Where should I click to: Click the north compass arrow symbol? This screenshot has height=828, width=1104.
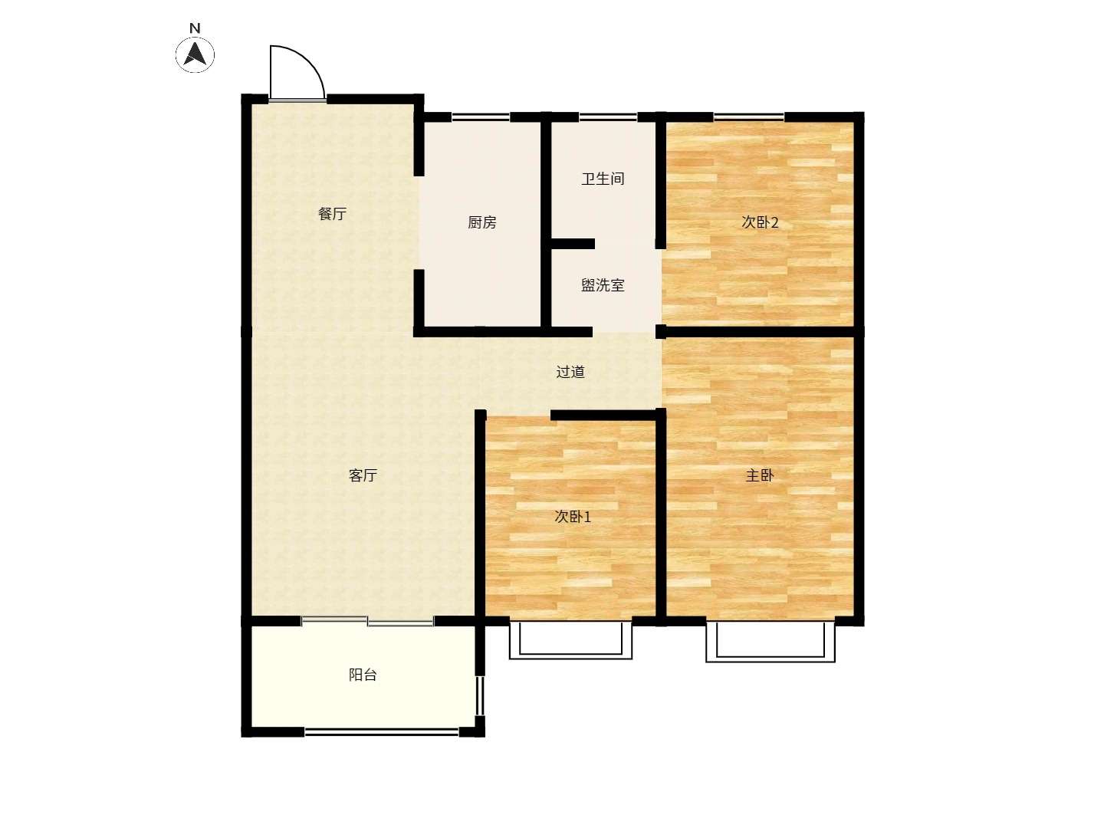pyautogui.click(x=195, y=54)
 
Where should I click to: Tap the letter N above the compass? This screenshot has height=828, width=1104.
pyautogui.click(x=195, y=28)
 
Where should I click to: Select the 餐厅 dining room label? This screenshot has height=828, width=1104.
pyautogui.click(x=333, y=214)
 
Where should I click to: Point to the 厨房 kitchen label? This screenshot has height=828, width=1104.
pyautogui.click(x=481, y=222)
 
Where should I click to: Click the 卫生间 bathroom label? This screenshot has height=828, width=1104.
pyautogui.click(x=603, y=179)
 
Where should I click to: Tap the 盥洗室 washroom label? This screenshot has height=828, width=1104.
pyautogui.click(x=603, y=285)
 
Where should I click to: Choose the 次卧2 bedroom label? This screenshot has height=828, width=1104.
pyautogui.click(x=760, y=222)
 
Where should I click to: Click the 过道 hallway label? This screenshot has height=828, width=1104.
pyautogui.click(x=570, y=372)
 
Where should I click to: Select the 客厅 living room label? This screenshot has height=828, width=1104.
pyautogui.click(x=363, y=475)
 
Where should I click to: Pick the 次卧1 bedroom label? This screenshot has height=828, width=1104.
pyautogui.click(x=573, y=516)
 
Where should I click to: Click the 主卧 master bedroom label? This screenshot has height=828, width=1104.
pyautogui.click(x=760, y=475)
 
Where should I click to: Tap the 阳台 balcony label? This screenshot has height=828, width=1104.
pyautogui.click(x=363, y=675)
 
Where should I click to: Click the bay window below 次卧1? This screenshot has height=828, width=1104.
pyautogui.click(x=570, y=655)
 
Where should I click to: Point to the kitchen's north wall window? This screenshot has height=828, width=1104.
pyautogui.click(x=481, y=117)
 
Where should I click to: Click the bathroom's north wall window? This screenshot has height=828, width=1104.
pyautogui.click(x=608, y=117)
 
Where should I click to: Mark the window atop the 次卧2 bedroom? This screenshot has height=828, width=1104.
pyautogui.click(x=749, y=117)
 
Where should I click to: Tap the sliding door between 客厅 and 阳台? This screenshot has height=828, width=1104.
pyautogui.click(x=368, y=621)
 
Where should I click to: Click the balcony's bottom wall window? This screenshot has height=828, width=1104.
pyautogui.click(x=382, y=732)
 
